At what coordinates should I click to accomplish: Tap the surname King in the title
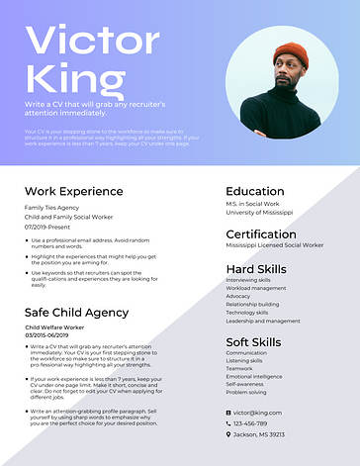point(69,77)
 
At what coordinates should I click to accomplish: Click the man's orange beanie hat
point(291,55)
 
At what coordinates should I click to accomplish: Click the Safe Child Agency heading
point(76,312)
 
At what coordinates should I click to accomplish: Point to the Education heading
point(254,191)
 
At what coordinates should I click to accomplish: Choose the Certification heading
point(261,233)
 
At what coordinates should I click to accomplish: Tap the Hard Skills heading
point(256,268)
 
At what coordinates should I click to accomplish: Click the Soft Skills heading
point(254,341)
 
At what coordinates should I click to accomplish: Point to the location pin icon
point(228,434)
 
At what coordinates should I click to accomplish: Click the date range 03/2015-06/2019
point(47,334)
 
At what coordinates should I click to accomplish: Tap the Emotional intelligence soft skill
point(254,376)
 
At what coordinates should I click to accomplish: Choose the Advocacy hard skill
point(238,296)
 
